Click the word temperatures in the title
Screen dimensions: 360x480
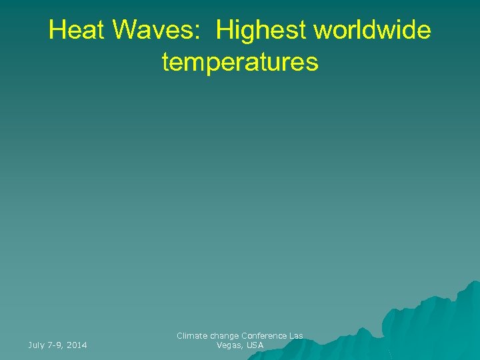coord(240,62)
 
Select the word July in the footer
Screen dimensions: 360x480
coord(36,345)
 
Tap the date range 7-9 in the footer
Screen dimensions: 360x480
coord(55,345)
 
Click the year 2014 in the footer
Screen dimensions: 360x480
coord(77,345)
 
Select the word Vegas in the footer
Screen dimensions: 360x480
coord(227,345)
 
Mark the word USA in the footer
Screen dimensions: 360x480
coord(255,345)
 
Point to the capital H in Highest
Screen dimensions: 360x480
coord(223,30)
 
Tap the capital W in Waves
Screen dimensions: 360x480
coord(122,30)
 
